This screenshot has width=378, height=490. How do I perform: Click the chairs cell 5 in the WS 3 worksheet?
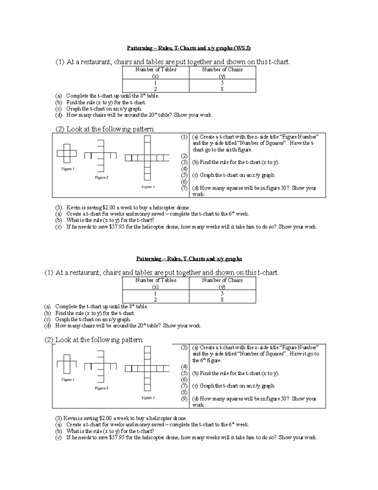pos(222,83)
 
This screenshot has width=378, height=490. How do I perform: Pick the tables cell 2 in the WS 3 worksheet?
pos(155,89)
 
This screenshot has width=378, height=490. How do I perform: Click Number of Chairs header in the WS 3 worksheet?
pos(222,70)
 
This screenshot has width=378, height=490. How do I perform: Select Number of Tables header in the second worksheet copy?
pos(156,280)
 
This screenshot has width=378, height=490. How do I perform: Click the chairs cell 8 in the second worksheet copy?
pos(222,300)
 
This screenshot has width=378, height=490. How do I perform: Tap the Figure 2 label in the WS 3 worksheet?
pos(101,178)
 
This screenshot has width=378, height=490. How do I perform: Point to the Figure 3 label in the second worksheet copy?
pos(148,398)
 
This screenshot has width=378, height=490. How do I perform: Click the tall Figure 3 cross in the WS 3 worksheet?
pos(147,158)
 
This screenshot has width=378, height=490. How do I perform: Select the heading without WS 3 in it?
pos(189,259)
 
